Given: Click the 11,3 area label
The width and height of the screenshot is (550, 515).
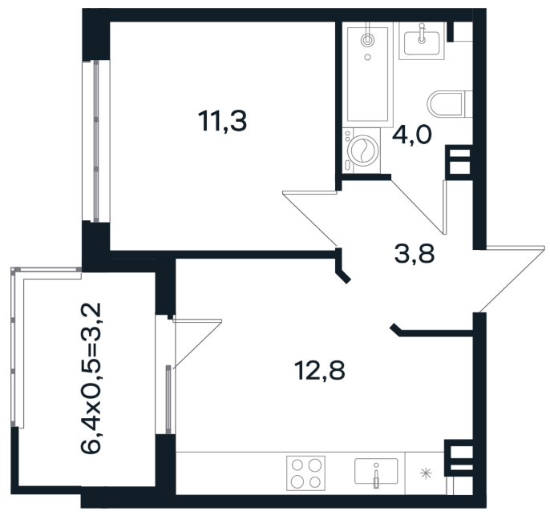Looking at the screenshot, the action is (222, 121).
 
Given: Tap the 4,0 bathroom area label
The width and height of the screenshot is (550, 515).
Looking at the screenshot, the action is (411, 135).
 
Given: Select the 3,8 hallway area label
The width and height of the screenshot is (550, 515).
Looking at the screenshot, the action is (415, 254).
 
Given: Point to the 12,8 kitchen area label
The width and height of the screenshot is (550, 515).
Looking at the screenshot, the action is (320, 370).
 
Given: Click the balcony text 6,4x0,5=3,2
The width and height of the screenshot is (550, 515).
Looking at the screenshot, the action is (91, 378).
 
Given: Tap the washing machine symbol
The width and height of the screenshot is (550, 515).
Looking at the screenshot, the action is (362, 151).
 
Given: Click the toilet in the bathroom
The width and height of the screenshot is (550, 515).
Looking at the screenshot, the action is (450, 103).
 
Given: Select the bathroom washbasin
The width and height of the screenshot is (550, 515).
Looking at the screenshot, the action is (422, 41).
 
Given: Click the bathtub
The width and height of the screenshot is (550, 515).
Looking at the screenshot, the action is (367, 74).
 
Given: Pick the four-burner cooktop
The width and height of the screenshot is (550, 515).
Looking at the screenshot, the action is (305, 473).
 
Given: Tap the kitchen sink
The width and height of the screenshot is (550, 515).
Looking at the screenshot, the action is (376, 472).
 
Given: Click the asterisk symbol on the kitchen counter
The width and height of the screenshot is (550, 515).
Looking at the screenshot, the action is (427, 473).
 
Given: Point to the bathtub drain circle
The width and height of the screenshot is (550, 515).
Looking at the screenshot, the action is (367, 57).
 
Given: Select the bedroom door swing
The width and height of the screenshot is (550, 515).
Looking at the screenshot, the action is (309, 218).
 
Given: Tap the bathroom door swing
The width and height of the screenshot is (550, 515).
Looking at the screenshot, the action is (419, 207).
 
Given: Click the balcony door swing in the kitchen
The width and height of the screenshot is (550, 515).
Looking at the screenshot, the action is (197, 344).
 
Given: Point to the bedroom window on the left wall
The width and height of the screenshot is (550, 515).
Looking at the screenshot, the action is (96, 142).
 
